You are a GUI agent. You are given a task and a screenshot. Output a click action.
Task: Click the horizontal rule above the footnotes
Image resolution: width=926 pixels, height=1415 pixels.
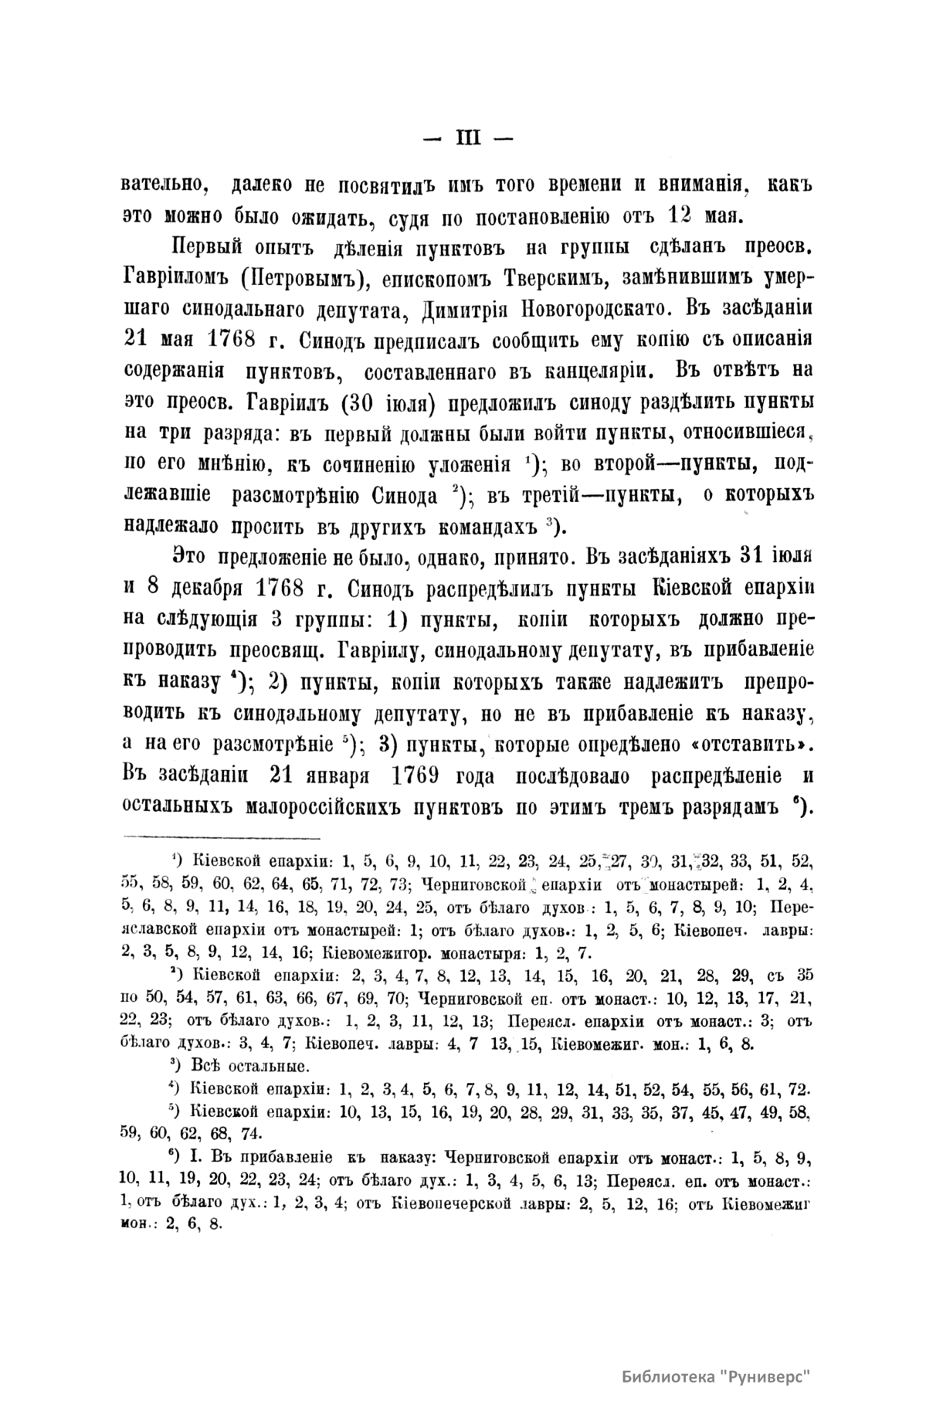222,837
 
